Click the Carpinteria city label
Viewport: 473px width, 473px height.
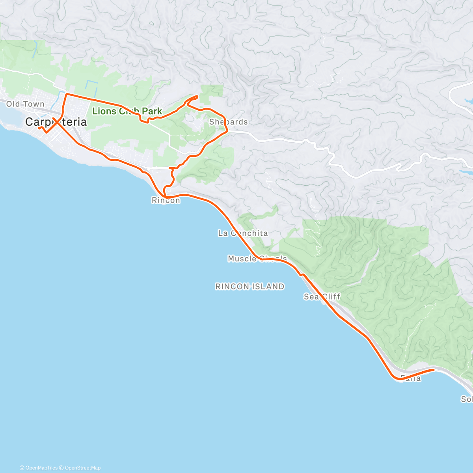[56, 122]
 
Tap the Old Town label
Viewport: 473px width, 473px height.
[25, 104]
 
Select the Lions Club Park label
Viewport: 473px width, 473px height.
[127, 111]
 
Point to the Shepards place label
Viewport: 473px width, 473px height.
[229, 122]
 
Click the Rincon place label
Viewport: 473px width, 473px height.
[166, 200]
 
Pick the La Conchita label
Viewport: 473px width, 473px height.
[243, 233]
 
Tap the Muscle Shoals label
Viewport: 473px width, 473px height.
[257, 259]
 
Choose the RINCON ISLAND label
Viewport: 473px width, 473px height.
[250, 287]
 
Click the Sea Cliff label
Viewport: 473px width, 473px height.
[322, 296]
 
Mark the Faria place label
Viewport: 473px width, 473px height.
[410, 378]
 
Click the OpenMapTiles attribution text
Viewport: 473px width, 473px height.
[41, 468]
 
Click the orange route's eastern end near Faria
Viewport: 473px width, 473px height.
[434, 369]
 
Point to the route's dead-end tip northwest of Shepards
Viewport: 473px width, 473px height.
[197, 96]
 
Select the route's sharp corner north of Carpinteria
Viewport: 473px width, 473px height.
[66, 94]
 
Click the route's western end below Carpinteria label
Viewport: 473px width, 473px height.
[39, 128]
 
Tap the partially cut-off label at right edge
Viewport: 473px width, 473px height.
[467, 399]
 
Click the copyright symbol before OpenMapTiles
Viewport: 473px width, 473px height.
[22, 468]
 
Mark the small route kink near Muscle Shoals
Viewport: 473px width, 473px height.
[302, 274]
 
